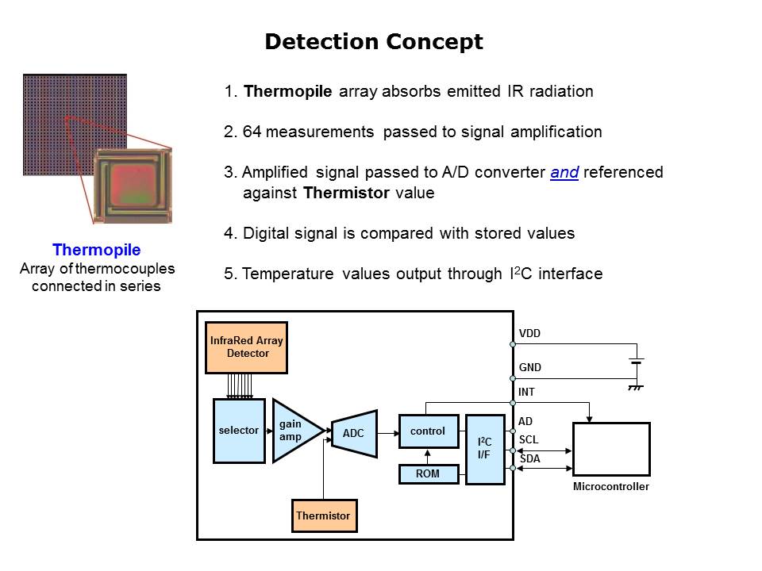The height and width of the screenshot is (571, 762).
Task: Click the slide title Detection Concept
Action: pos(373,42)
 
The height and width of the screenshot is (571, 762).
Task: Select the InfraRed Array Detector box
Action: pos(247,347)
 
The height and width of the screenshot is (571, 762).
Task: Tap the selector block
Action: pos(239,431)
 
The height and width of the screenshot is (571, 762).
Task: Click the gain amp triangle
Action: pos(293,431)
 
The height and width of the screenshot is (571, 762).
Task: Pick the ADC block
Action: pos(353,434)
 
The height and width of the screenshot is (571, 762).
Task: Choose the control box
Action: pos(428,431)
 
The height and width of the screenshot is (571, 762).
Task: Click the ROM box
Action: pos(428,474)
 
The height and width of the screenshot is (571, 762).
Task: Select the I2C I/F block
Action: pos(484,449)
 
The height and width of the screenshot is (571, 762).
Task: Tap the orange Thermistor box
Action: pos(323,515)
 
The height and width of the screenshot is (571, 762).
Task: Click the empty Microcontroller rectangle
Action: pos(610,449)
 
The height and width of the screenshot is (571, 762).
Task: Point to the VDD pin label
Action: pos(529,334)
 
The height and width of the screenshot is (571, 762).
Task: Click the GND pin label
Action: pos(530,368)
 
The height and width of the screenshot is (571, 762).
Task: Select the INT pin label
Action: pos(526,392)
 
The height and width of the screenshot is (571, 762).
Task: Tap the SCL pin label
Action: pos(528,439)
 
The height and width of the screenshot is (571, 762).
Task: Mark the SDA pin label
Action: pos(529,458)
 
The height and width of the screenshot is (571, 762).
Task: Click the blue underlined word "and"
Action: pos(564,172)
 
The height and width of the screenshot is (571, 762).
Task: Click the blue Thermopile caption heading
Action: pos(96,251)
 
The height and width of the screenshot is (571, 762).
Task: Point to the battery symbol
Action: pos(635,365)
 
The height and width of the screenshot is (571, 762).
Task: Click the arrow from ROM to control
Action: pos(428,457)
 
